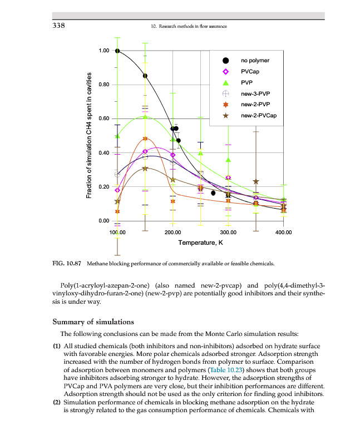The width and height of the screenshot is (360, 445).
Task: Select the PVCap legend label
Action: pyautogui.click(x=250, y=71)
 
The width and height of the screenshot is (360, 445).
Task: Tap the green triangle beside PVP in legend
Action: pyautogui.click(x=225, y=82)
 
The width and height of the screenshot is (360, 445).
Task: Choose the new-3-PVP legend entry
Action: pyautogui.click(x=255, y=93)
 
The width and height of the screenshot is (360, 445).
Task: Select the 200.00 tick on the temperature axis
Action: pyautogui.click(x=172, y=232)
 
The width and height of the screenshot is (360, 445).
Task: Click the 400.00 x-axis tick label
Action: pyautogui.click(x=284, y=232)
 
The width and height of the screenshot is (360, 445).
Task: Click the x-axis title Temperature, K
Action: pyautogui.click(x=200, y=243)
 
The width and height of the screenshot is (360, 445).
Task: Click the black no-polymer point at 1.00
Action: pyautogui.click(x=117, y=51)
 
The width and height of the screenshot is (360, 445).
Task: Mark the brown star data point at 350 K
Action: pyautogui.click(x=256, y=182)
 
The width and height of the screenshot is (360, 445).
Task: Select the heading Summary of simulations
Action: pyautogui.click(x=93, y=322)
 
